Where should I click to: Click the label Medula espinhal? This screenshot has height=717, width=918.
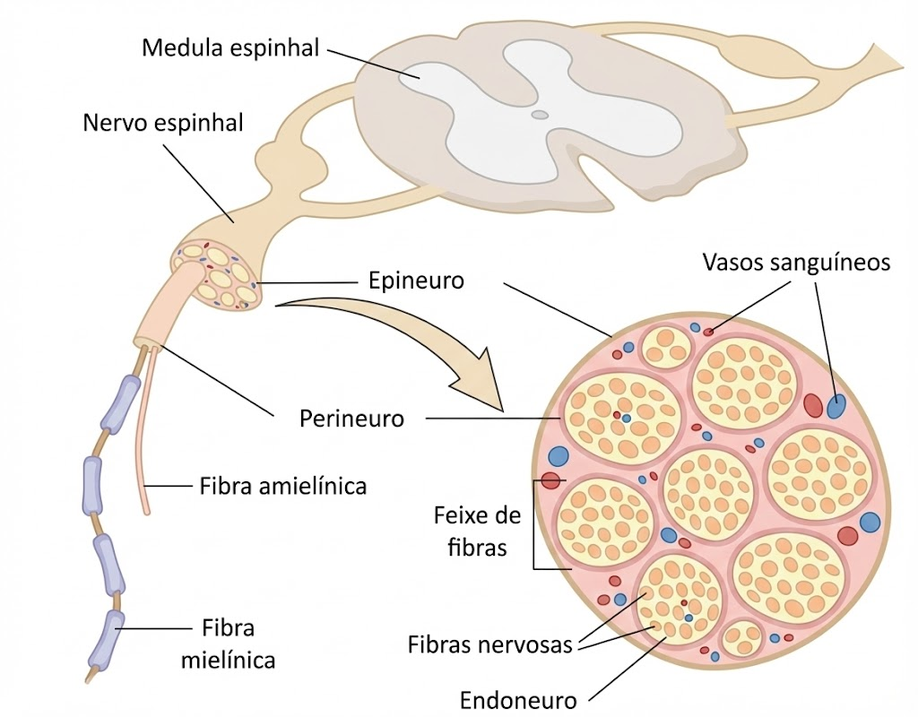(x=230, y=48)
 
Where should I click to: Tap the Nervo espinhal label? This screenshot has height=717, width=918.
(x=163, y=123)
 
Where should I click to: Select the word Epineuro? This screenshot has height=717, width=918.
(x=416, y=281)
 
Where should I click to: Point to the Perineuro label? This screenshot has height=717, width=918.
(x=351, y=419)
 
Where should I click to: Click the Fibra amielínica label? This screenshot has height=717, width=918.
(x=282, y=486)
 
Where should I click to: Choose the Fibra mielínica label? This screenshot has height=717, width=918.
(x=228, y=644)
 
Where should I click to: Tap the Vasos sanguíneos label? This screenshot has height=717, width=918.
(x=796, y=263)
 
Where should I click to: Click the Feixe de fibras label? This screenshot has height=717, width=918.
(x=477, y=531)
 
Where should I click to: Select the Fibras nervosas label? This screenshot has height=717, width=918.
(x=489, y=644)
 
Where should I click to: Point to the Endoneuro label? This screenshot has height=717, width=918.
(x=518, y=700)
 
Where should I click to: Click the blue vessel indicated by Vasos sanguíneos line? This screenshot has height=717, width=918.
(x=836, y=406)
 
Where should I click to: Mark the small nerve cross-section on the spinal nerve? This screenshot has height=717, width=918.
(x=218, y=275)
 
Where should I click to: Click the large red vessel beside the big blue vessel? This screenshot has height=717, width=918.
(x=812, y=404)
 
